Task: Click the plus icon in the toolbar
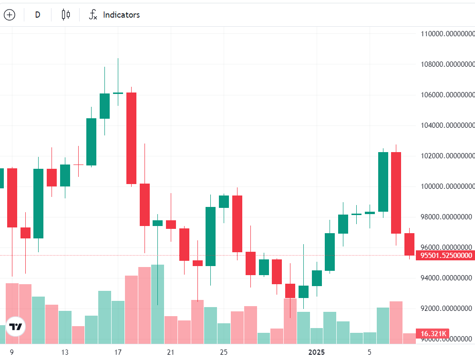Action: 10,15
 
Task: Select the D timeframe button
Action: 38,15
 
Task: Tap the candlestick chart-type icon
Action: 66,15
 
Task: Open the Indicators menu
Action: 114,15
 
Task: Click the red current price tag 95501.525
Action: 446,256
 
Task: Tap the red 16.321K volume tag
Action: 434,334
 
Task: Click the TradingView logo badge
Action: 16,327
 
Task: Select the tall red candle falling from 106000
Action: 131,138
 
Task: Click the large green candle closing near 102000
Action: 383,182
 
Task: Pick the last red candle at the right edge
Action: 409,244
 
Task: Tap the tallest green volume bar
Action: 157,304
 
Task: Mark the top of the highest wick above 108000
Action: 118,59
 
